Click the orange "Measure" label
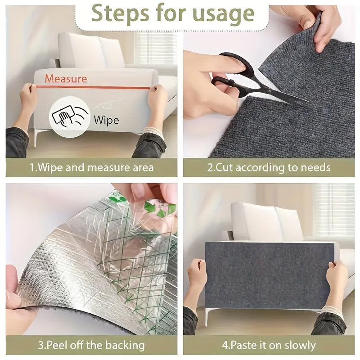(66, 79)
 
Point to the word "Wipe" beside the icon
(106, 120)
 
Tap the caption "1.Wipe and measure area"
(91, 168)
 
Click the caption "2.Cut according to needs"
(269, 168)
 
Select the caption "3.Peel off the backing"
(91, 346)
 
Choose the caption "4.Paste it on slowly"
(269, 346)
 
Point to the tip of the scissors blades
(306, 105)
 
